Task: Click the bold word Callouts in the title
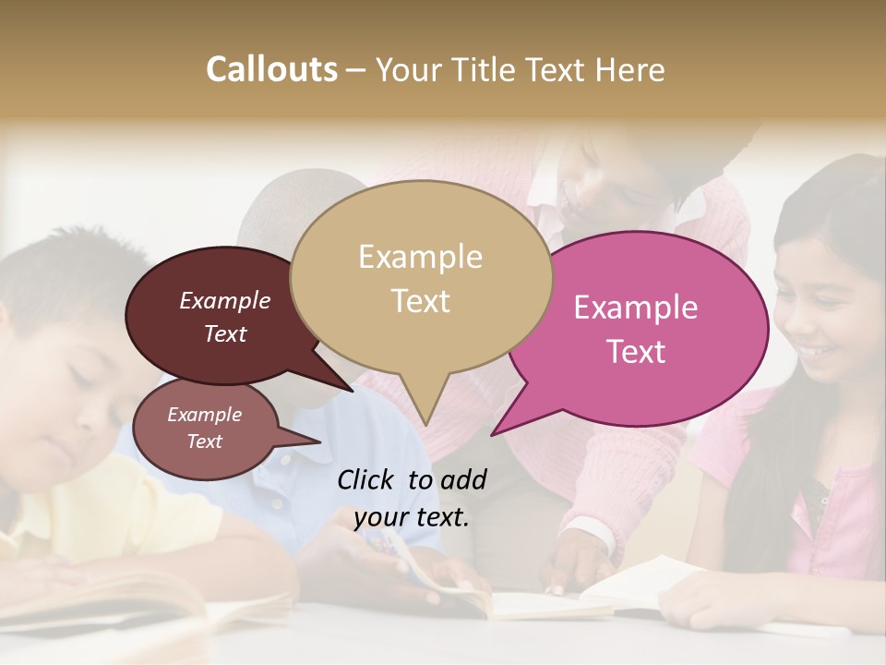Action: tap(271, 69)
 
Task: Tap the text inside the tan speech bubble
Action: tap(420, 278)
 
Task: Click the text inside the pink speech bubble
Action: tap(636, 329)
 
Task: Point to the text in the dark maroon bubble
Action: tap(224, 317)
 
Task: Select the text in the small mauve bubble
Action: tap(204, 428)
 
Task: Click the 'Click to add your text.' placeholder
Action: tap(412, 498)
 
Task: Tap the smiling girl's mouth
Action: tap(816, 352)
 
